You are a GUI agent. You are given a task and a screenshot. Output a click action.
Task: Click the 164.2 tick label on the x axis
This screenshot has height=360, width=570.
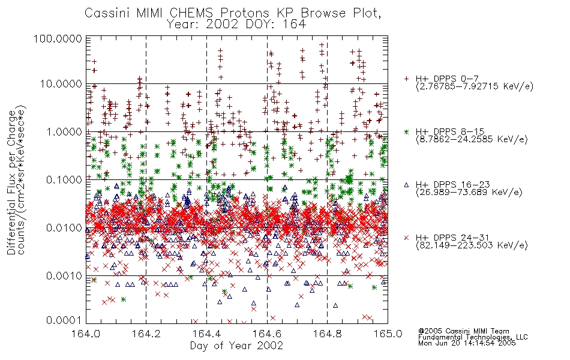146,334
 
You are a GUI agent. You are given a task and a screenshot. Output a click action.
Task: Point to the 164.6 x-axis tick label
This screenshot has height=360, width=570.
267,334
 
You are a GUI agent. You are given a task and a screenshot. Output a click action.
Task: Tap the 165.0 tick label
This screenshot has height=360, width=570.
388,334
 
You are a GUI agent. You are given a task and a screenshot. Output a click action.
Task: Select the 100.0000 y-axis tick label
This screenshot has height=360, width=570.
58,38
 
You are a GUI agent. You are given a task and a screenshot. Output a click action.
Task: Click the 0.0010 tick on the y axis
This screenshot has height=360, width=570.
64,276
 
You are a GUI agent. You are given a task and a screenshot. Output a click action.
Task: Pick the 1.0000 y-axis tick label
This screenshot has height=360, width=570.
64,131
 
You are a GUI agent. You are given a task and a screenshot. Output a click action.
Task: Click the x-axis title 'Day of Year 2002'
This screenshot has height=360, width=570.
236,346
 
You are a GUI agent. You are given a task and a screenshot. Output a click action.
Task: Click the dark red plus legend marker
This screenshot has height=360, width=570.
406,79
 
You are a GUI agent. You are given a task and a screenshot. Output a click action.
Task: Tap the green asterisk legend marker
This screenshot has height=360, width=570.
406,131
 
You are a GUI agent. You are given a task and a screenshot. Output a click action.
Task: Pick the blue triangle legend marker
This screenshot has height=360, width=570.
406,185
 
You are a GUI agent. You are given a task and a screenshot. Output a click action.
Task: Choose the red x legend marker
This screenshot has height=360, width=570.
406,238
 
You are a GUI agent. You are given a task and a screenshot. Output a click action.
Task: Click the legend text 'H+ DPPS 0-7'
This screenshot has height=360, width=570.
447,79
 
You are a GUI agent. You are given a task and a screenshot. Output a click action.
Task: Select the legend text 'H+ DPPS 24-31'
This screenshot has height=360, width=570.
452,238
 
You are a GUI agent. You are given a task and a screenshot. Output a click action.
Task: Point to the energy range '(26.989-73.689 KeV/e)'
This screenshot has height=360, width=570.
469,192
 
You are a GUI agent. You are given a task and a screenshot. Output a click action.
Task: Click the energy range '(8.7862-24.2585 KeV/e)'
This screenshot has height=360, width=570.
472,139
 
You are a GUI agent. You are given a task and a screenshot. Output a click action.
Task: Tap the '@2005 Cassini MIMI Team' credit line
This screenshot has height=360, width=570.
464,331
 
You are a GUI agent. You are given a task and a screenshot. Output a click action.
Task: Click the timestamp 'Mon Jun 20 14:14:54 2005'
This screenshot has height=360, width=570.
467,343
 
